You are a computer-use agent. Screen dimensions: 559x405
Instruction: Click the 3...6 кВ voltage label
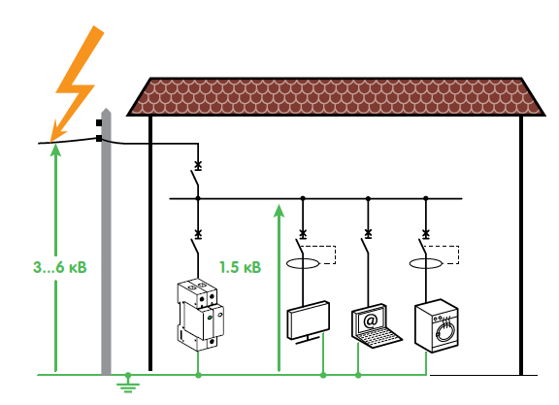point(60,267)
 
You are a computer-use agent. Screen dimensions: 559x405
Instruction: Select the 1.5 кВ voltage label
point(240,267)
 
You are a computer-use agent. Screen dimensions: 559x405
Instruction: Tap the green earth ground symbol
point(128,383)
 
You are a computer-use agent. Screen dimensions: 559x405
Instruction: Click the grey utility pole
point(106,242)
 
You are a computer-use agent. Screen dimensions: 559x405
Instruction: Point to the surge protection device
point(200,315)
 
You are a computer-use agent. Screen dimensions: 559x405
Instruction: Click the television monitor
point(309,322)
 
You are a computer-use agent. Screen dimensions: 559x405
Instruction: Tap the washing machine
point(437,325)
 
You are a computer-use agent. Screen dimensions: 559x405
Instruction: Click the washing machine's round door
point(444,330)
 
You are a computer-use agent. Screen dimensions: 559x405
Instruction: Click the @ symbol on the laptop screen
point(371,321)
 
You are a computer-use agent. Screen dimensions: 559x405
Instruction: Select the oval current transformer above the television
point(303,264)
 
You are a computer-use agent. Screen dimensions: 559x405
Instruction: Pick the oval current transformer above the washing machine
point(425,264)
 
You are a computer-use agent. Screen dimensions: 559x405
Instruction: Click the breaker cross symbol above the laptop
point(368,234)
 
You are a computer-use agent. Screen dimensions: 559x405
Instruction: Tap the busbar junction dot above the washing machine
point(425,198)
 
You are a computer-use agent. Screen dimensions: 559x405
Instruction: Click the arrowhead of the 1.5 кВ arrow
point(279,210)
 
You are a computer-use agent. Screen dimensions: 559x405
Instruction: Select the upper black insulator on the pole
point(99,123)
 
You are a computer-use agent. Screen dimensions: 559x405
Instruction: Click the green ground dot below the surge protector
point(199,375)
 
